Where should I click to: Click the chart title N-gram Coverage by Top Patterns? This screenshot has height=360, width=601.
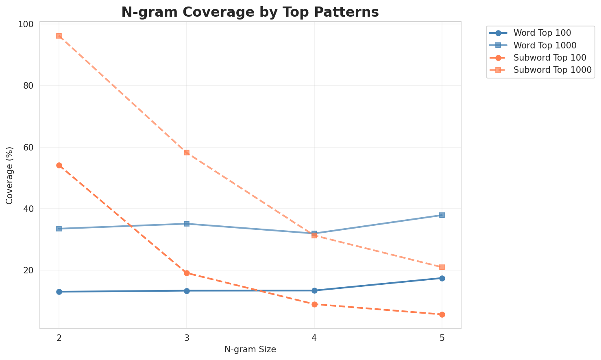(250, 12)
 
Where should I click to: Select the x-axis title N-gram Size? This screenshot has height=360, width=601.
(250, 349)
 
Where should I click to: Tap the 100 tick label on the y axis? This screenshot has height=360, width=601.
(25, 24)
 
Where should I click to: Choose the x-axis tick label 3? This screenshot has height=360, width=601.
(187, 338)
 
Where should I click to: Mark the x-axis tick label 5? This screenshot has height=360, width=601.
(442, 338)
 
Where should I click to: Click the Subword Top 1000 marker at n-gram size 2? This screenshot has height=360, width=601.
(59, 36)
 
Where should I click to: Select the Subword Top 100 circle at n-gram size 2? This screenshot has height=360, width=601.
(59, 165)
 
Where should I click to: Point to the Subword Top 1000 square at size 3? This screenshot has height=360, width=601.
(187, 153)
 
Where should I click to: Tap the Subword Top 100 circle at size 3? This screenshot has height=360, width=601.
(187, 273)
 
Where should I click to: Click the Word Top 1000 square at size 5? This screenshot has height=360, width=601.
(442, 215)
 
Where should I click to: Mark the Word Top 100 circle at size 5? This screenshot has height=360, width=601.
(442, 278)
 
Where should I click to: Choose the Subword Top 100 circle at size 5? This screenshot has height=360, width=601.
(442, 314)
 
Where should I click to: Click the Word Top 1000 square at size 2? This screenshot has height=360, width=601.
(59, 229)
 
